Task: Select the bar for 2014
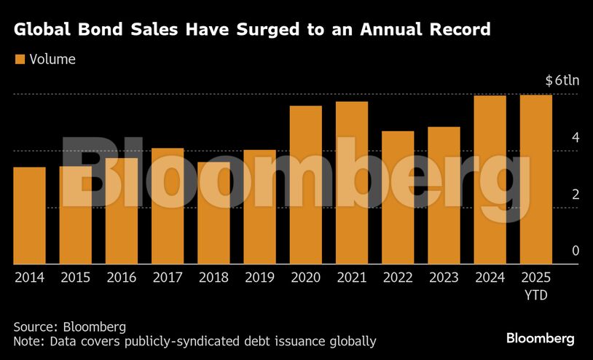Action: point(29,216)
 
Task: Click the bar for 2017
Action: point(168,206)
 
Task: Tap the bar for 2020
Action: point(306,185)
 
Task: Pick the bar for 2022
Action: point(398,197)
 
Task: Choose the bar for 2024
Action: point(490,180)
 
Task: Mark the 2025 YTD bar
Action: point(535,179)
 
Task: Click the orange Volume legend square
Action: point(20,59)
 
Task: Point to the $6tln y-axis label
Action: point(561,81)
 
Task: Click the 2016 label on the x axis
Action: point(121,278)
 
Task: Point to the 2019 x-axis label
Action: point(259,278)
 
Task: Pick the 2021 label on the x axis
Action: point(351,278)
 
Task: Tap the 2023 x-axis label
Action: point(444,278)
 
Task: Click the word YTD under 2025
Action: point(535,296)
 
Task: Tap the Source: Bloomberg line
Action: point(70,326)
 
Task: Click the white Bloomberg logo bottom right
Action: point(541,339)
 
